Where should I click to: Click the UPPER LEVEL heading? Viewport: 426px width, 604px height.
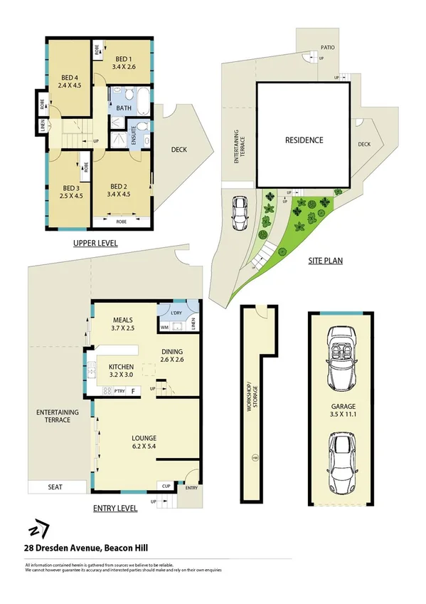[95, 244]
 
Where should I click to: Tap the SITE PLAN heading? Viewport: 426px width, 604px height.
[325, 261]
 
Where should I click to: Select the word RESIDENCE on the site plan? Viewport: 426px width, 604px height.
[304, 140]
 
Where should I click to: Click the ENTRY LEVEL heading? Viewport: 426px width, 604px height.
[115, 509]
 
